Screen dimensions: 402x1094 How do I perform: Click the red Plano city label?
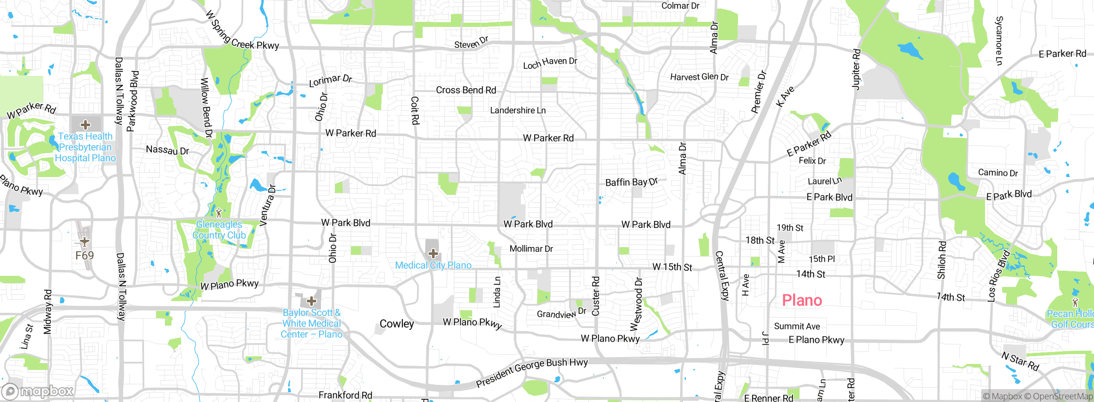[802, 300]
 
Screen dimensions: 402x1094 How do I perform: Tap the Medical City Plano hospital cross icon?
[433, 253]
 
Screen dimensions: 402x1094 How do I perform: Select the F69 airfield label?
[84, 256]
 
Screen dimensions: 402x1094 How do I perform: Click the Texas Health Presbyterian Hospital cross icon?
[85, 125]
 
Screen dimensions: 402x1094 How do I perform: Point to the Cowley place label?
[397, 324]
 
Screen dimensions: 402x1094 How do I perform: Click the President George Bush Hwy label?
[532, 372]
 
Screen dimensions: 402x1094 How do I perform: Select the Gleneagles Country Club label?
[219, 230]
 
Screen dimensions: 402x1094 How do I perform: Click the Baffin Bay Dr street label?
[631, 182]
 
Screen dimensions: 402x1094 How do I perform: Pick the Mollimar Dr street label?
[531, 249]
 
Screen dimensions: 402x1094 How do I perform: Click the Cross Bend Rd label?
[466, 90]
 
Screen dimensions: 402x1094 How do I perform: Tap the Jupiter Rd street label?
[856, 69]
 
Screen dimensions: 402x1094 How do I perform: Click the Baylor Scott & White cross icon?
[312, 301]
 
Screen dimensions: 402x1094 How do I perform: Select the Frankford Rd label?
[345, 395]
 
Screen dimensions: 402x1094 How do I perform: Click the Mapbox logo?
[38, 391]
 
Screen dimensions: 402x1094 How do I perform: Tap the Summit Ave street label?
[797, 326]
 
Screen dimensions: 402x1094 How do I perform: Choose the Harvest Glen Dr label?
[699, 77]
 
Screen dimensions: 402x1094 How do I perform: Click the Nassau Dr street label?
[167, 150]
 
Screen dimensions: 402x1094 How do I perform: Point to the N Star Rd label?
[1020, 361]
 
